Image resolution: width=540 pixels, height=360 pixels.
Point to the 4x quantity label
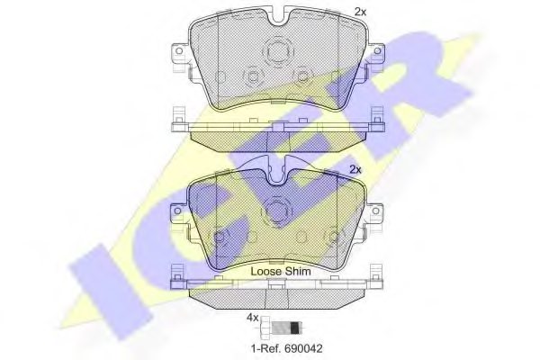click(253, 318)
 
